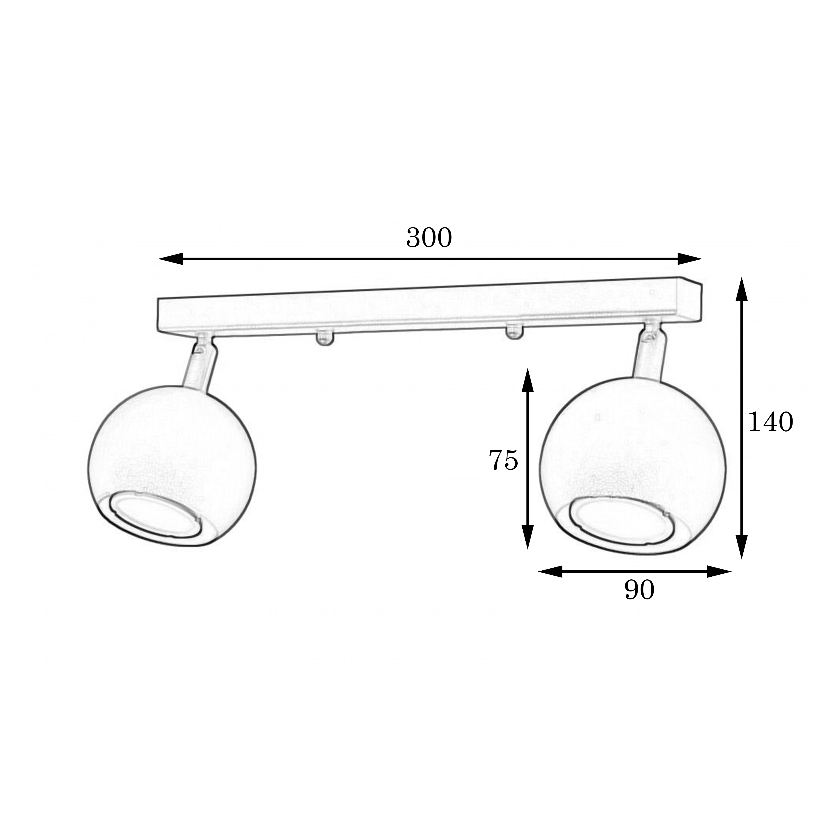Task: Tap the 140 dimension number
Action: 771,422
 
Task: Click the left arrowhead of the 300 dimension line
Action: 170,259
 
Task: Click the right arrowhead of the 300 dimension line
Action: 689,259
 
